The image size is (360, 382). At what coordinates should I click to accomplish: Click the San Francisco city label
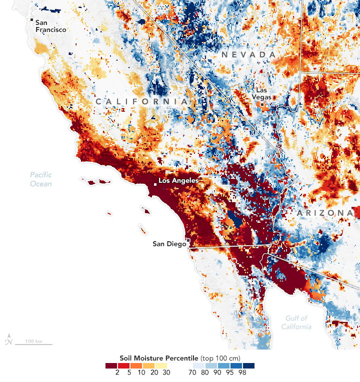pyautogui.click(x=50, y=26)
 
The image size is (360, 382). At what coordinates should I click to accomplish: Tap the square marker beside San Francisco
pyautogui.click(x=31, y=20)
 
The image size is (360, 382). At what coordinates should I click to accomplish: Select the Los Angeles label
pyautogui.click(x=178, y=180)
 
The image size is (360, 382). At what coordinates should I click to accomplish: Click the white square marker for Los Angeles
pyautogui.click(x=155, y=185)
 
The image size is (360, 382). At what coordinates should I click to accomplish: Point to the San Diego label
pyautogui.click(x=168, y=244)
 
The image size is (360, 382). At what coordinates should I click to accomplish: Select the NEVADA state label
pyautogui.click(x=248, y=54)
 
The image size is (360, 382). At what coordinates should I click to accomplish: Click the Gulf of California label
pyautogui.click(x=297, y=322)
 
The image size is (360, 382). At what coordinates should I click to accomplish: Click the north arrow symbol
pyautogui.click(x=8, y=341)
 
